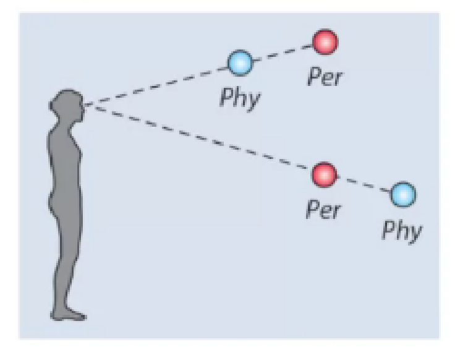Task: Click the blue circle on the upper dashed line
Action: tap(240, 62)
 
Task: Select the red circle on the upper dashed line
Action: tap(325, 42)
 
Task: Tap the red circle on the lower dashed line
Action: tap(325, 174)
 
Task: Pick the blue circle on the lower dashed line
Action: tap(403, 195)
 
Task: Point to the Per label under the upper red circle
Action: tap(325, 79)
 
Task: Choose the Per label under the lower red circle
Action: tap(323, 210)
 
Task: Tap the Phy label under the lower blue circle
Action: tap(402, 230)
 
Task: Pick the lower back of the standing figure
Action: tap(54, 186)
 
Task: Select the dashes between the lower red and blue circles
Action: tap(365, 185)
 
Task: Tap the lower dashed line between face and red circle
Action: tap(204, 139)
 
